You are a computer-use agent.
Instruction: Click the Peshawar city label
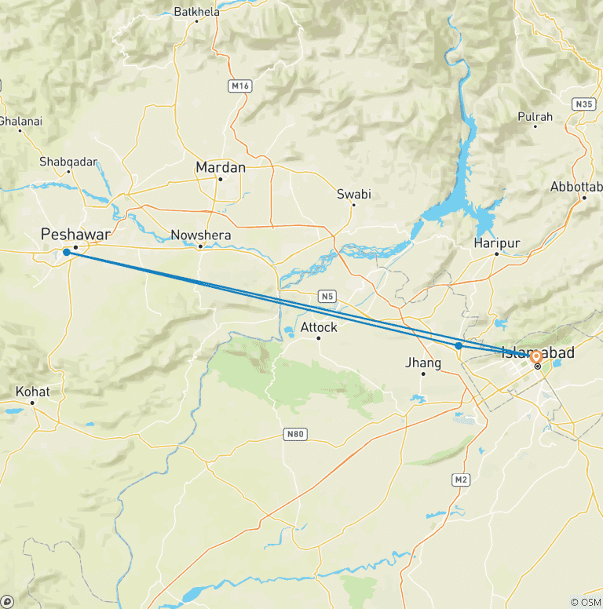coord(75,234)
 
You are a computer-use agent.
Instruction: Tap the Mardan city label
coord(221,167)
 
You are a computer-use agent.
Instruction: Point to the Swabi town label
coord(353,194)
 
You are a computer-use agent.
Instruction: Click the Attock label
coord(319,326)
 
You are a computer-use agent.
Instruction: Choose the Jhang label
coord(422,363)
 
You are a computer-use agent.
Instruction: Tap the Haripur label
coord(497,243)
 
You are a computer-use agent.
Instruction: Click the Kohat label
coord(32,392)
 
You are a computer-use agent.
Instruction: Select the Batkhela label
coord(196,12)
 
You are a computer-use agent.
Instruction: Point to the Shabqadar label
coord(68,162)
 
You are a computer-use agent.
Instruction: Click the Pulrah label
coord(535,117)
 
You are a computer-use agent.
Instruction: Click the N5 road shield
coord(327,296)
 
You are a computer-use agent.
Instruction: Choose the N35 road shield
coord(583,104)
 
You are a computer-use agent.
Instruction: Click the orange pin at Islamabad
coord(537,358)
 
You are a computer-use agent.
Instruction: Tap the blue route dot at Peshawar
coord(67,253)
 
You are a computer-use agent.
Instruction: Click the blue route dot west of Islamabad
coord(459,345)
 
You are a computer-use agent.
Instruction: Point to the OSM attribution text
coord(585,602)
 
